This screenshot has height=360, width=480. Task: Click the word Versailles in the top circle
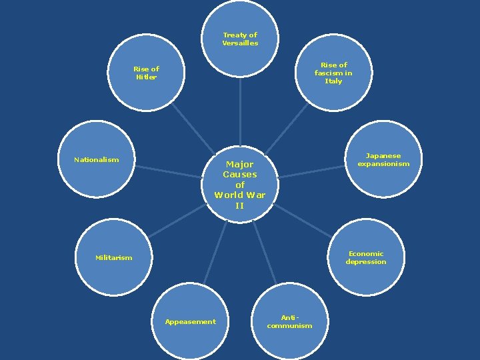240,43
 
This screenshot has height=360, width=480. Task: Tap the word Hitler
146,77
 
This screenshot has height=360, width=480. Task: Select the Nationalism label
97,160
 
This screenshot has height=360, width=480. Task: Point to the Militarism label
114,258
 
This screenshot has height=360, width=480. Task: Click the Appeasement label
191,322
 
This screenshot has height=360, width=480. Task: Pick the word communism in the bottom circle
289,326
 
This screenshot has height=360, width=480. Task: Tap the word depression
366,262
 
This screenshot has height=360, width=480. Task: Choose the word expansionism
383,164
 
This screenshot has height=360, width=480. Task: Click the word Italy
333,81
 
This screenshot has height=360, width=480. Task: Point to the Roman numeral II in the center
240,205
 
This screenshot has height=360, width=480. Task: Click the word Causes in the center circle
240,175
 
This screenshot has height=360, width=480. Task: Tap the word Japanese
383,156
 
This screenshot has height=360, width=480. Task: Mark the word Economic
366,254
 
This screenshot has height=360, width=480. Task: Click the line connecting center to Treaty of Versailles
240,111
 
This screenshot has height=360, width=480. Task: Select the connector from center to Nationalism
168,172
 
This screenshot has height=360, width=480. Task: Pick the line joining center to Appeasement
215,253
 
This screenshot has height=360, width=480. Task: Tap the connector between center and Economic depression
303,221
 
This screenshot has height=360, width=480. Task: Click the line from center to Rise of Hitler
193,128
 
